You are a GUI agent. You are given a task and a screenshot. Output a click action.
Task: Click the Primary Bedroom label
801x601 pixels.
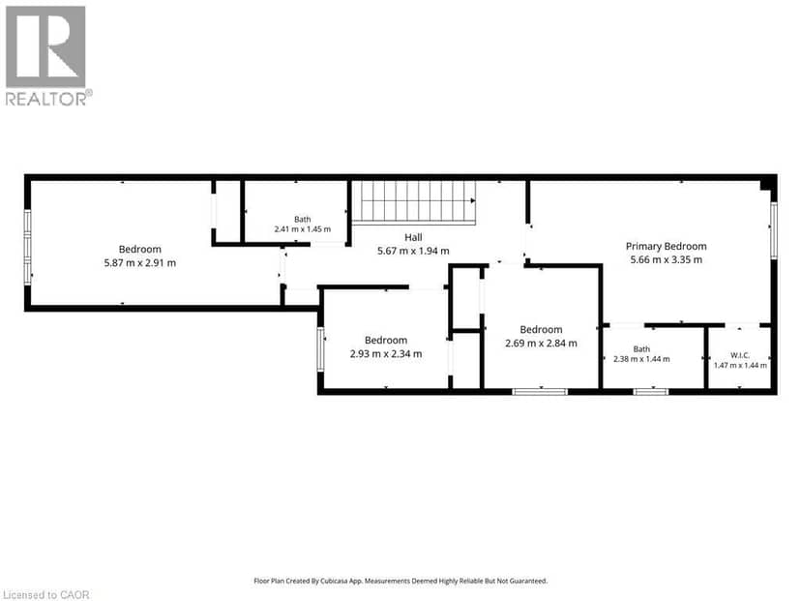[667, 247]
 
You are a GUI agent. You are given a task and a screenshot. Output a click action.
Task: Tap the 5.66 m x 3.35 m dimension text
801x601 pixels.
[667, 259]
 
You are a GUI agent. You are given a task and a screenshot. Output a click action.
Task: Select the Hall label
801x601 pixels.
[413, 237]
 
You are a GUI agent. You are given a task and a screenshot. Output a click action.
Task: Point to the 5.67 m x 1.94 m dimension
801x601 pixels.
[413, 251]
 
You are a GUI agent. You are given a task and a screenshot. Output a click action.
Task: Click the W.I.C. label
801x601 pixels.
[740, 355]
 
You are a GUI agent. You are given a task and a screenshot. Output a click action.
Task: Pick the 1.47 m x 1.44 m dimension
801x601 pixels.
[740, 366]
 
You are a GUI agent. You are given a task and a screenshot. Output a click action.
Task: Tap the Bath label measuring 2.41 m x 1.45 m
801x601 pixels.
[303, 220]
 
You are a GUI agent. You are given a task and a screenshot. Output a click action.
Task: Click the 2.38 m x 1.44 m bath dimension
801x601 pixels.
[641, 359]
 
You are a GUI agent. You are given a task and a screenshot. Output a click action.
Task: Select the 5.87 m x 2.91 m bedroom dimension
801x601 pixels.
[140, 263]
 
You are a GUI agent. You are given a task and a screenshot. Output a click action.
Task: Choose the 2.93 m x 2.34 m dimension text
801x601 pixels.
[386, 353]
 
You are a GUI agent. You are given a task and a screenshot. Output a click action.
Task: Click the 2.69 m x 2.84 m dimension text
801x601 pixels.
[541, 344]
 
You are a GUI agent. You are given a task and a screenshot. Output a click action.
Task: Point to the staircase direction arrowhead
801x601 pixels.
[474, 201]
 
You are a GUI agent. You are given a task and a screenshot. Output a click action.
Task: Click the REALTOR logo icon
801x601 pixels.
[45, 46]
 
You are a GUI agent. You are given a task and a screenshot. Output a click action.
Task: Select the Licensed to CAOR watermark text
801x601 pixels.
[46, 595]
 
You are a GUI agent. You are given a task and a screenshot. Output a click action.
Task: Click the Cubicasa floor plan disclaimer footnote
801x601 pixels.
[400, 581]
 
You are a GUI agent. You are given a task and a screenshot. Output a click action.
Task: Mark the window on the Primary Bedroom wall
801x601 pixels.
[774, 230]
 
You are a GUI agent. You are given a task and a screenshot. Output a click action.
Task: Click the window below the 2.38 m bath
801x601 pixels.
[651, 392]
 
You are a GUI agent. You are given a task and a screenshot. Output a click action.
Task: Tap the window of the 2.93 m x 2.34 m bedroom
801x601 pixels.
[320, 349]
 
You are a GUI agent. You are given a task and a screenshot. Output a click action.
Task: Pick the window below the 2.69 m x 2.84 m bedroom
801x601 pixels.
[540, 392]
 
